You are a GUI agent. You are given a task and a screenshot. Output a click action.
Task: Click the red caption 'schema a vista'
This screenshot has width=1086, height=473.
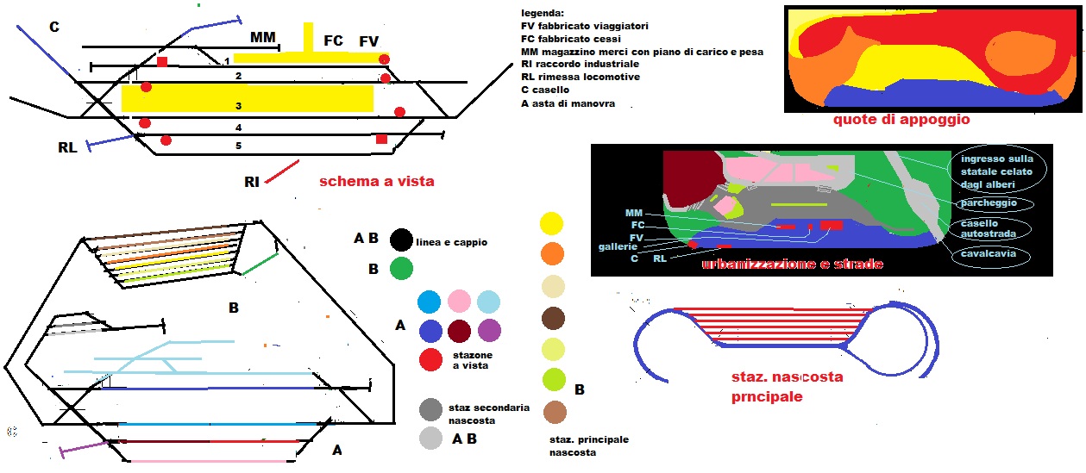coord(376,182)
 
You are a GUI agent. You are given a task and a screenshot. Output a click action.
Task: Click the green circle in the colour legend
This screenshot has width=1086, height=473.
coord(400,269)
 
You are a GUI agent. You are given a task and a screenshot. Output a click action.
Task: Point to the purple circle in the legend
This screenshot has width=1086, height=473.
coord(488,331)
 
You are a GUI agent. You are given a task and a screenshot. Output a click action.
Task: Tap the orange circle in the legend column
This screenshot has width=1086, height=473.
coord(552,253)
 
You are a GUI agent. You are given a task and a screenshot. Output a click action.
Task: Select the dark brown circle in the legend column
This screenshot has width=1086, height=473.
coord(552,319)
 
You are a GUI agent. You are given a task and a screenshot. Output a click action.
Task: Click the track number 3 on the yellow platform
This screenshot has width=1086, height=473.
coord(238,106)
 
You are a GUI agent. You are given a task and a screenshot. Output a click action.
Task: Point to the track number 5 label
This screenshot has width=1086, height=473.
coord(239,146)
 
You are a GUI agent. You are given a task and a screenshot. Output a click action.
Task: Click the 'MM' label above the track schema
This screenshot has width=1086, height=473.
coord(263,38)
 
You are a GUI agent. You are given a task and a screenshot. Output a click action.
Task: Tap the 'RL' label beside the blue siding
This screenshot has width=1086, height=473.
coord(67,147)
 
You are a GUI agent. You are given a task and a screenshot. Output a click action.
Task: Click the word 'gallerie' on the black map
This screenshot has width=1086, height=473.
coord(618,246)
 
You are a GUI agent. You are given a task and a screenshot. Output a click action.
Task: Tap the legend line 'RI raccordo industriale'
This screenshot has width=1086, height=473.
coord(580,64)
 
